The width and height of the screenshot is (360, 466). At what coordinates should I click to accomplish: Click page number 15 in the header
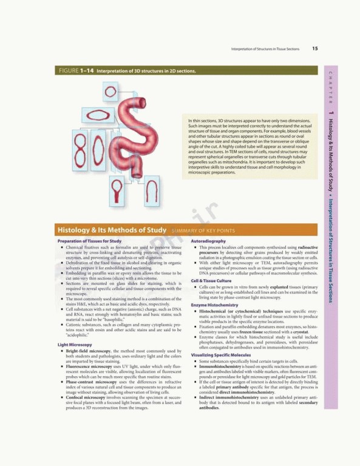[315, 49]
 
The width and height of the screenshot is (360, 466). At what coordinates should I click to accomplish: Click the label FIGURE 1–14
[76, 71]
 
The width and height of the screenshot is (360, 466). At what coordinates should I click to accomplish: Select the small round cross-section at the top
[110, 92]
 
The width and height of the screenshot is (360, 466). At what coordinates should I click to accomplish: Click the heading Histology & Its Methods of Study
[111, 231]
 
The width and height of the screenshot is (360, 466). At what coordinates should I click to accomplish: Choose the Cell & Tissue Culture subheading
[213, 281]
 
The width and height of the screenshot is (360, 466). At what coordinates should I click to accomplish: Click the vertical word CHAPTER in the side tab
[330, 84]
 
